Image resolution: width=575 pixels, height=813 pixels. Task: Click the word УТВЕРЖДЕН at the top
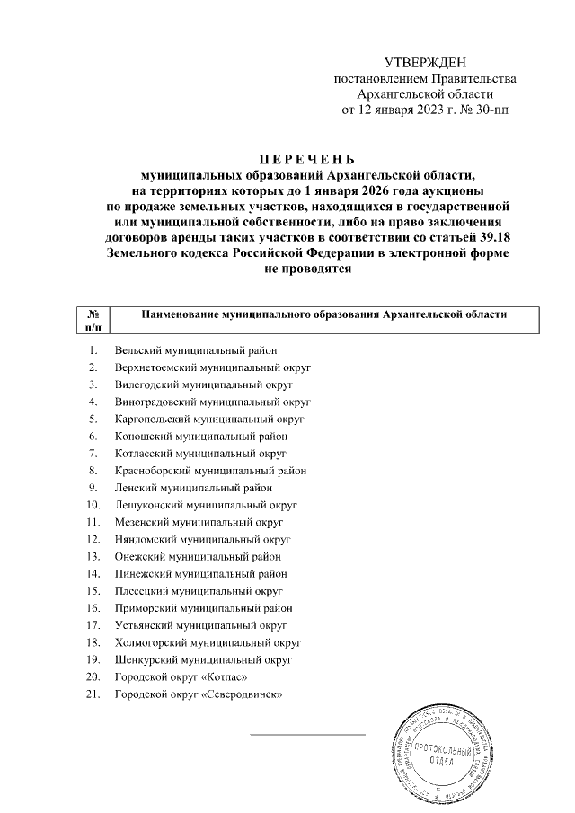coord(426,62)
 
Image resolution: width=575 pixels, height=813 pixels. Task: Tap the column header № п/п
coord(93,321)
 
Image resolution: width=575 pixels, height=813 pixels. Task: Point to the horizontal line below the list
coord(308,734)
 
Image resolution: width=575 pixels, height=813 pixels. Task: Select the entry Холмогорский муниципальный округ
coord(208,642)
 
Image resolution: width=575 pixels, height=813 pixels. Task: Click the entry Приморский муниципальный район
coord(203,607)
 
